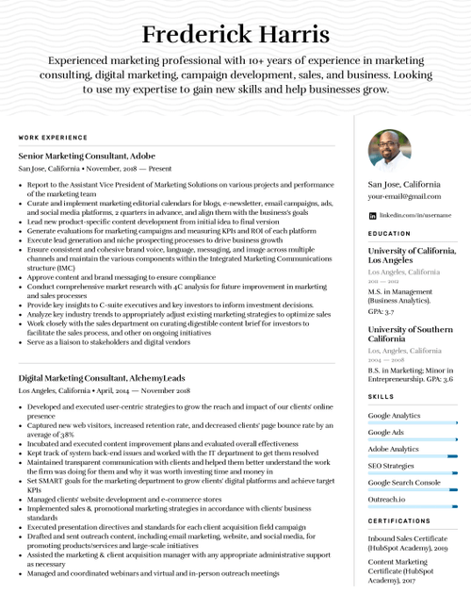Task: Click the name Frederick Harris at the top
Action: coord(235,36)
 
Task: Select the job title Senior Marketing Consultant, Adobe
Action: coord(87,155)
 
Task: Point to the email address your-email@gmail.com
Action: coord(404,196)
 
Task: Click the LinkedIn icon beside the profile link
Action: coord(372,215)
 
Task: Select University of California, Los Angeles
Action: coord(412,255)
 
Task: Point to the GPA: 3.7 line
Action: coord(382,310)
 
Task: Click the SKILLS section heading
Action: coord(382,397)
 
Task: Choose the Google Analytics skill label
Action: coord(394,415)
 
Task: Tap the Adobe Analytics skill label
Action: coord(393,449)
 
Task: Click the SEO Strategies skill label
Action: coord(391,465)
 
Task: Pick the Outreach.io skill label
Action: coord(386,499)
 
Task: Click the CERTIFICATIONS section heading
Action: coord(399,520)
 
